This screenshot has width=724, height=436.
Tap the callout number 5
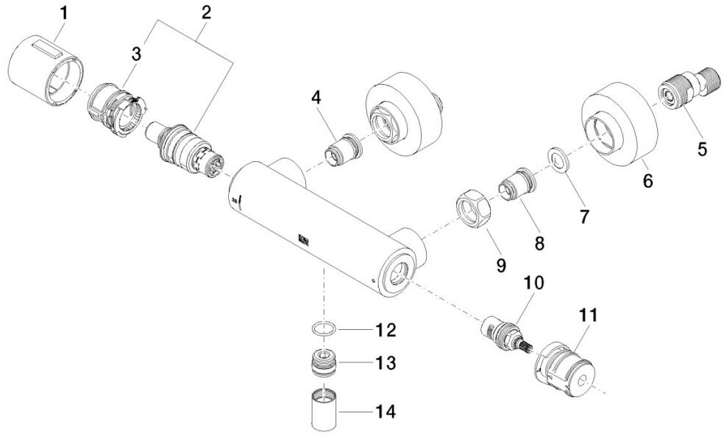pyautogui.click(x=701, y=148)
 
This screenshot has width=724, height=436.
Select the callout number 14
pyautogui.click(x=386, y=411)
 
